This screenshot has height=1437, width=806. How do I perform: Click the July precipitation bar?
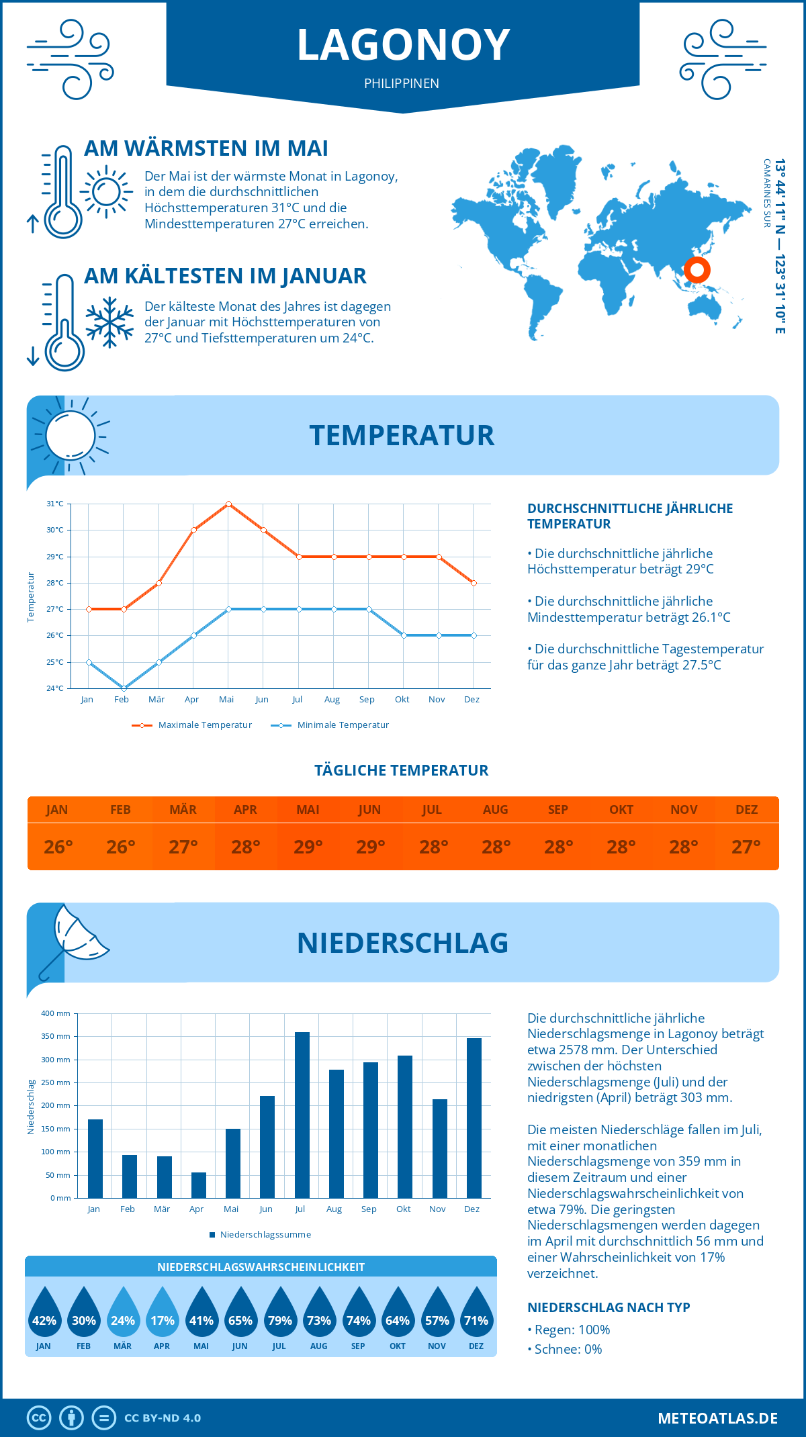coord(302,1115)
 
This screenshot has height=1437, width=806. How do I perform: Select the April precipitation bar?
coord(199,1185)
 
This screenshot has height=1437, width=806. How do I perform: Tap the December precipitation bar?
coord(474,1118)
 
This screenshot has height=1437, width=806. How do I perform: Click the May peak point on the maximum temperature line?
coord(229,504)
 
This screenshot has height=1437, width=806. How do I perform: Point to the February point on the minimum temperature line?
coord(124,688)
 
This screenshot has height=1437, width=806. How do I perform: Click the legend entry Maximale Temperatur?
coord(193,725)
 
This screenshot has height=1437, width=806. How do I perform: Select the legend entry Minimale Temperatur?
coord(331,725)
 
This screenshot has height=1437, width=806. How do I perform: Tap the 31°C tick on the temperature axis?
coord(55,504)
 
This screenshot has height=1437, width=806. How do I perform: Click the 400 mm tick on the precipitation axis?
coord(56,1013)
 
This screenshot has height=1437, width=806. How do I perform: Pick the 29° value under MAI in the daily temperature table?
coord(308,847)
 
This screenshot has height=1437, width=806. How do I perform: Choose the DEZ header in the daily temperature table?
coord(747,810)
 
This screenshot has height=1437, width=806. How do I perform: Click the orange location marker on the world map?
coord(697,270)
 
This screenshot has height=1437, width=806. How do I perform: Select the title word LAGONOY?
coord(403,46)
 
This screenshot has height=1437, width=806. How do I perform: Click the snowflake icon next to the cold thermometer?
coord(109,322)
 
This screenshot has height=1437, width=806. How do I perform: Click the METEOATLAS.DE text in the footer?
coord(717,1418)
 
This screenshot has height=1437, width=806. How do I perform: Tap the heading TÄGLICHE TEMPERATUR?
coord(402,770)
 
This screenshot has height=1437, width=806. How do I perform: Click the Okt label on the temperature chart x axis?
coord(402,700)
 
